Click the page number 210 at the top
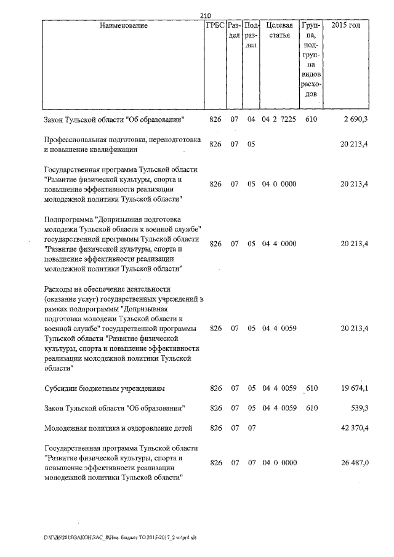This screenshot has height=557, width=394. [206, 16]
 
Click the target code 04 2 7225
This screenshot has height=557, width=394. [279, 119]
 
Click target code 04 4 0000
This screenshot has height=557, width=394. [279, 244]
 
